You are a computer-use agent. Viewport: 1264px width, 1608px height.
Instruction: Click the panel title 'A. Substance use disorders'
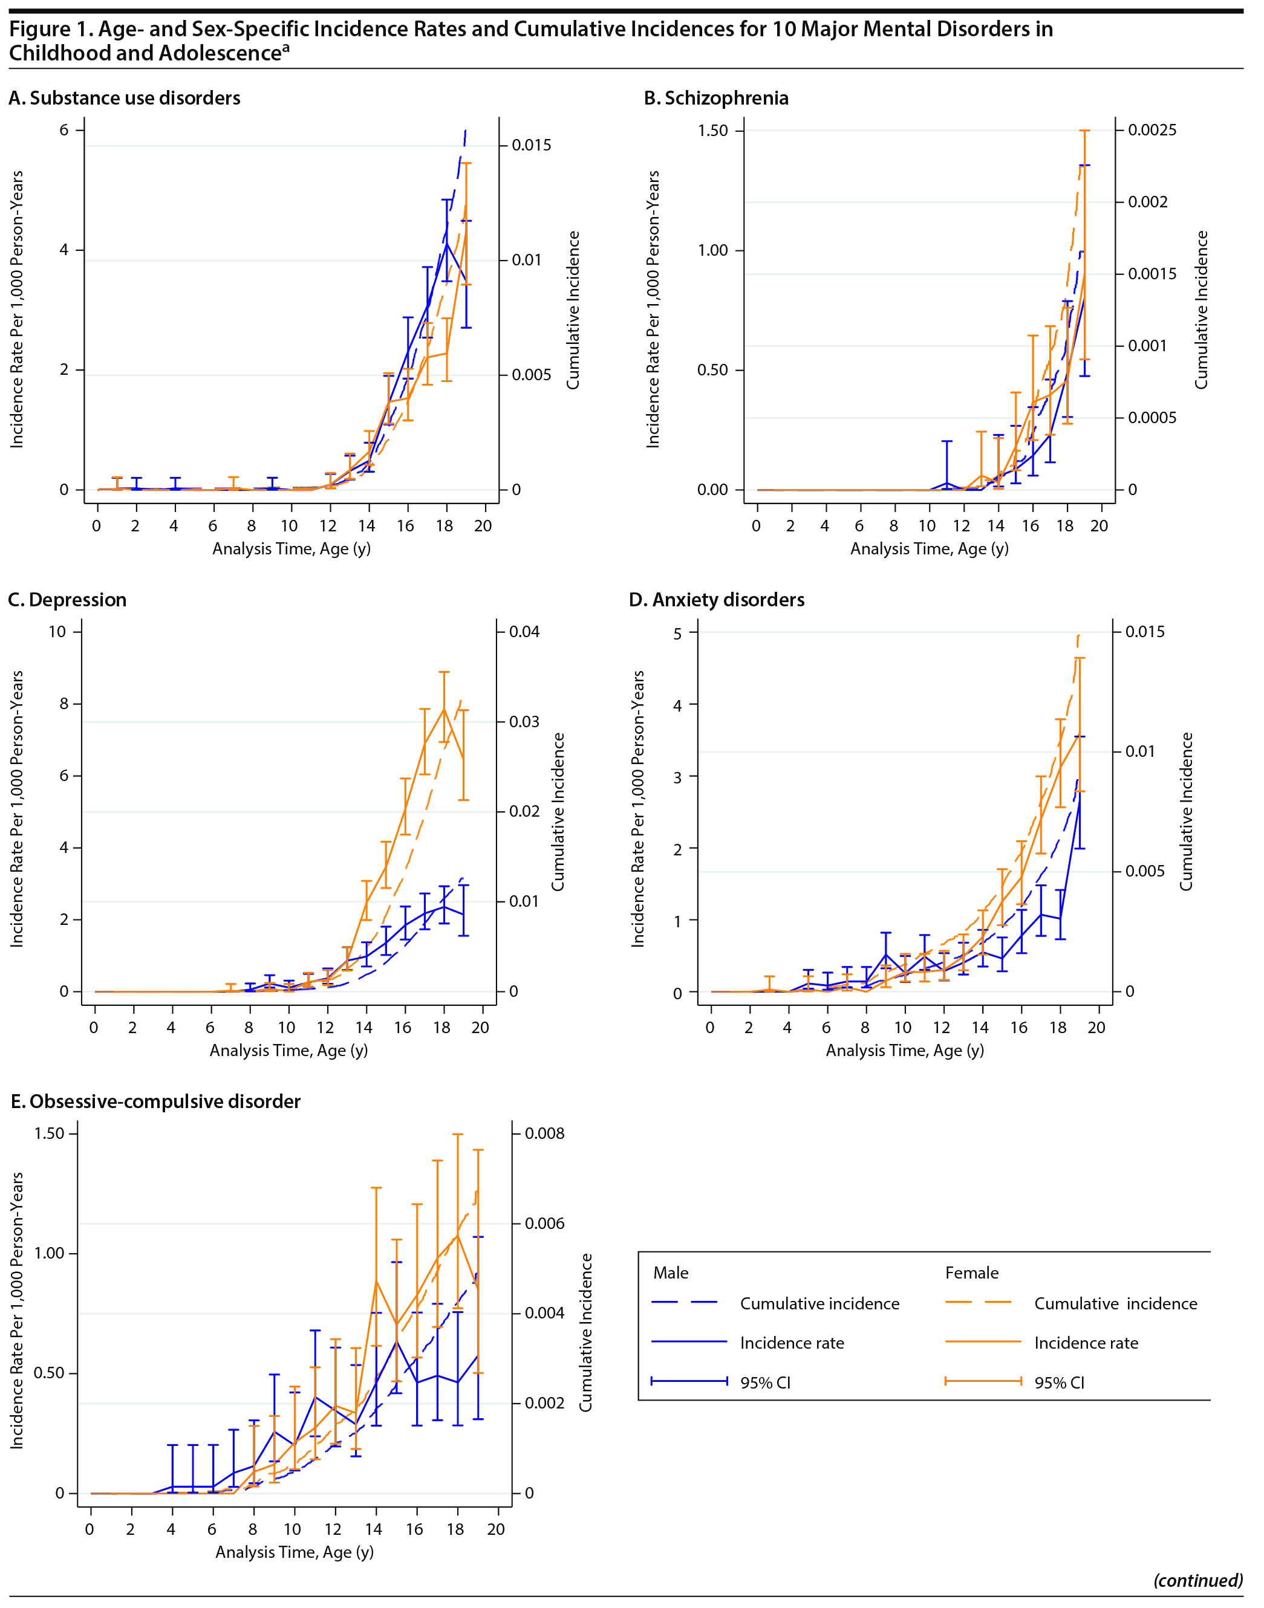click(125, 99)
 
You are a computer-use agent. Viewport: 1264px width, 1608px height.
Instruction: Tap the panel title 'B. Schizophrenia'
click(715, 99)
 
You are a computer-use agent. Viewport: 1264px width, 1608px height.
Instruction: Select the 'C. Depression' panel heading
click(67, 600)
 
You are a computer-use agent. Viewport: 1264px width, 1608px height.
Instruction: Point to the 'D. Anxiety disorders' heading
click(716, 600)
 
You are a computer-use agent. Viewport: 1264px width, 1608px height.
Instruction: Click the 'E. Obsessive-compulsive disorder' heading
click(155, 1101)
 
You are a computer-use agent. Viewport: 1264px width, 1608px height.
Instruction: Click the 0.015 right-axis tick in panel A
click(532, 145)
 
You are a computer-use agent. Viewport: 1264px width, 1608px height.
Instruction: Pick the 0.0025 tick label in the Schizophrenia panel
click(1152, 130)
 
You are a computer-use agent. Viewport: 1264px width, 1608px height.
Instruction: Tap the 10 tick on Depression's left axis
click(57, 632)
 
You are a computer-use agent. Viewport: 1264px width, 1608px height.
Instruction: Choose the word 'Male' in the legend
click(671, 1272)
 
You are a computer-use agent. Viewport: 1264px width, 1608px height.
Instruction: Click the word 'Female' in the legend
click(972, 1272)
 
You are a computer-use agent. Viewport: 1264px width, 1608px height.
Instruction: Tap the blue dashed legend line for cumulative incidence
click(685, 1303)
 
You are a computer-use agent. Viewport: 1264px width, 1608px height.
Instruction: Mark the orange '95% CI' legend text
click(1059, 1383)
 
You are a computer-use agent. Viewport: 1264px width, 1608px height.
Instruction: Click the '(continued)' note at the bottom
click(1197, 1580)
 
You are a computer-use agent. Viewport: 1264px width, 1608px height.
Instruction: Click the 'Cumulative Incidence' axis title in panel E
click(585, 1331)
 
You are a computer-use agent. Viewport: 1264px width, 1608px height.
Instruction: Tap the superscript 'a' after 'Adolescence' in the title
click(285, 47)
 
